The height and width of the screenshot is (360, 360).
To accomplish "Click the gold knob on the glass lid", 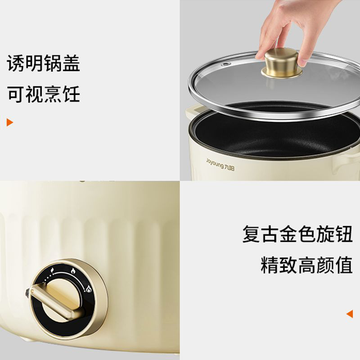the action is pyautogui.click(x=282, y=63).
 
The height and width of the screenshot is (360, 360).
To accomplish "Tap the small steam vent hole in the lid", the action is pyautogui.click(x=226, y=64).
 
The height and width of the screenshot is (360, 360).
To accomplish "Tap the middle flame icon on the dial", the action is pyautogui.click(x=73, y=271).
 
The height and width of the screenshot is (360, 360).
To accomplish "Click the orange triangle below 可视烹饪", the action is pyautogui.click(x=9, y=122).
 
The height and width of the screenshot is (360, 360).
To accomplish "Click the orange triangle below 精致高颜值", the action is pyautogui.click(x=350, y=314).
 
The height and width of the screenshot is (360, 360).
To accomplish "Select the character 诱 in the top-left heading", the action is pyautogui.click(x=16, y=63).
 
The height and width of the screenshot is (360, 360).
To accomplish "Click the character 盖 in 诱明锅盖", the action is pyautogui.click(x=71, y=63).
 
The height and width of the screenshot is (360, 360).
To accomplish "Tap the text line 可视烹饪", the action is pyautogui.click(x=43, y=94).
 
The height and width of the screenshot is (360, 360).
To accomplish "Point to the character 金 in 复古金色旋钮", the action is pyautogui.click(x=288, y=234).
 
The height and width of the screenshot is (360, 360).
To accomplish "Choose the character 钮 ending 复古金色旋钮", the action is pyautogui.click(x=343, y=234).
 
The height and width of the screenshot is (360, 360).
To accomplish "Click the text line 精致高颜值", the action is pyautogui.click(x=306, y=265).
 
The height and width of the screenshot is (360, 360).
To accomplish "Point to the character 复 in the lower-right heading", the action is pyautogui.click(x=251, y=234).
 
